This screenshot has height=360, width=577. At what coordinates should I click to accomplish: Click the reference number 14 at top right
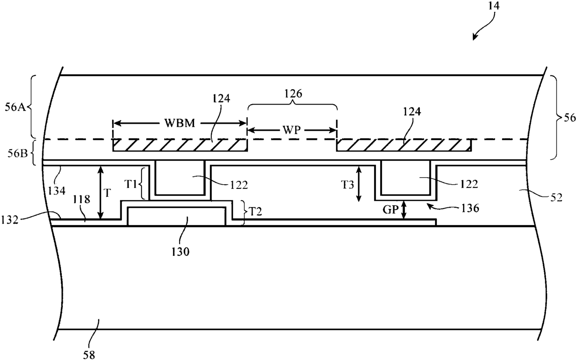tap(494, 6)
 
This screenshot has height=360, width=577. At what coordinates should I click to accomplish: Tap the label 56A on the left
tap(15, 107)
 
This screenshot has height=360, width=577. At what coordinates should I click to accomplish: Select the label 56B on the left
tap(17, 153)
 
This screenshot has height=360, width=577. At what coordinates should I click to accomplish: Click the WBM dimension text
tap(180, 123)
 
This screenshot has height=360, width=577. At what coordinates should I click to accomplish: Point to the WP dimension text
tap(292, 130)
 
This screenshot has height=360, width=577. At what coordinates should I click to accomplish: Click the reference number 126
tap(293, 94)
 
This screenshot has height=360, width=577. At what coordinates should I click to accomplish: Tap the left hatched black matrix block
tap(180, 145)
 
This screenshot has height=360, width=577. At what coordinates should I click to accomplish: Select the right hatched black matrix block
tap(404, 145)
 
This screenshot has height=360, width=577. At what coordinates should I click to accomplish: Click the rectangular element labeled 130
tap(176, 217)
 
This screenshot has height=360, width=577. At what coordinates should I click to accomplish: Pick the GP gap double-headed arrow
tap(404, 210)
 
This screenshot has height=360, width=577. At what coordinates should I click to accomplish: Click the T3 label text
tap(348, 185)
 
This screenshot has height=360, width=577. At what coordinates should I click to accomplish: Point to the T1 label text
tap(131, 184)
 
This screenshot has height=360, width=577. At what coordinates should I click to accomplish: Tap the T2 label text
tap(255, 212)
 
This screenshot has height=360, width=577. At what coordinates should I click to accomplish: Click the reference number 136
tap(470, 208)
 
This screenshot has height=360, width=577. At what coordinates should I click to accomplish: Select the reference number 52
tap(556, 198)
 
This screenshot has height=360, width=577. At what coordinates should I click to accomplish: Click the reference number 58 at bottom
tap(89, 355)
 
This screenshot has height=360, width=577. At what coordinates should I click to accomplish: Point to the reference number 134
tap(57, 191)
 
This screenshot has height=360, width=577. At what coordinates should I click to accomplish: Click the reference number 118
tap(81, 200)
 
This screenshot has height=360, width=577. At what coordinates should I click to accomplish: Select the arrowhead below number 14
tap(474, 37)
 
